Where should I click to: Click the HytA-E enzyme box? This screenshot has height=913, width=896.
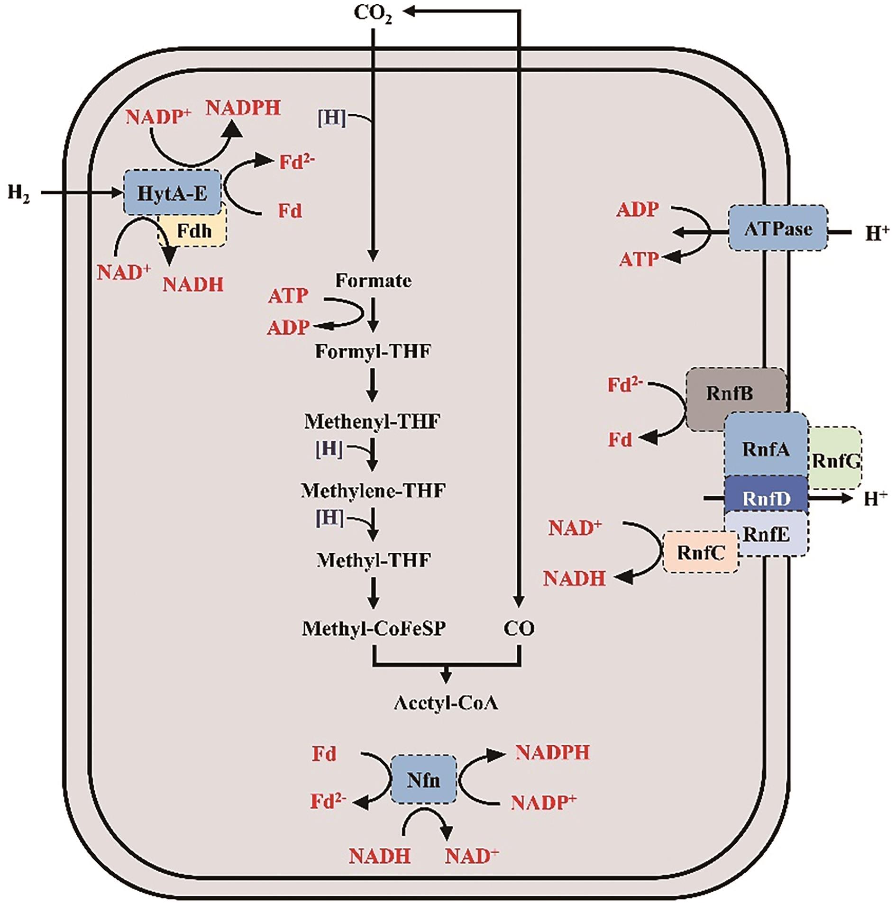(x=172, y=192)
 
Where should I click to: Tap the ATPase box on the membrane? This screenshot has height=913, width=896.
(x=778, y=228)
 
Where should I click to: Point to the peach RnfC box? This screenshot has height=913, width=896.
(x=701, y=552)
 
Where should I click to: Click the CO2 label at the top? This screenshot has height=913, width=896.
(x=373, y=15)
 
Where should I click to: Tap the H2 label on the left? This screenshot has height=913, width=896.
(x=18, y=193)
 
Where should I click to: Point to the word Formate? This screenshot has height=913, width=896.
(x=373, y=281)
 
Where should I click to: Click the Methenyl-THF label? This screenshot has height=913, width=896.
(x=372, y=421)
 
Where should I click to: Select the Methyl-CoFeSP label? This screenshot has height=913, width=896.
(x=374, y=629)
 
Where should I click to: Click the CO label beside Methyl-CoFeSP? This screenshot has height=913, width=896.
(x=519, y=629)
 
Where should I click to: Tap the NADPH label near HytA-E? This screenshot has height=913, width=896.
(x=243, y=108)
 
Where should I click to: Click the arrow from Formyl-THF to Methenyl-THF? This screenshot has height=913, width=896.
(x=373, y=385)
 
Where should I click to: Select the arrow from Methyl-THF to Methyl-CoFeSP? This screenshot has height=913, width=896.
(x=374, y=593)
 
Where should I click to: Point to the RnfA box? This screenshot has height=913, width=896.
(x=766, y=448)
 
